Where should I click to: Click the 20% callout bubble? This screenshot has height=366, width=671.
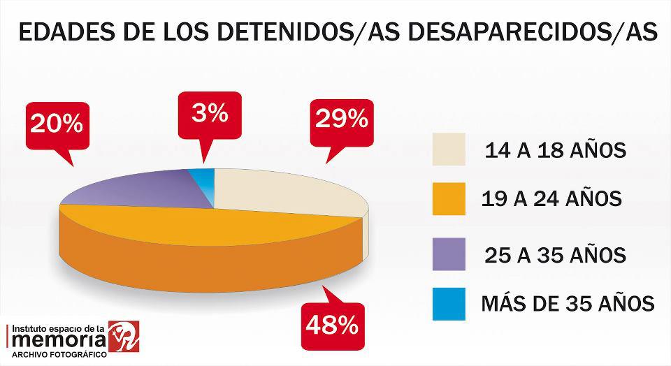tap(56, 126)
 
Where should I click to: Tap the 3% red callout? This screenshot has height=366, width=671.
tap(210, 115)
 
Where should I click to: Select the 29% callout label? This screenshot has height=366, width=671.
tap(341, 120)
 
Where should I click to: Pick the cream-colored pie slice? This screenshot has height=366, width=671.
tap(287, 192)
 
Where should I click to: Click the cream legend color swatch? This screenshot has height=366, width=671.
tap(449, 149)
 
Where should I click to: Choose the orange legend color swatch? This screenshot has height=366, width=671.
tap(449, 199)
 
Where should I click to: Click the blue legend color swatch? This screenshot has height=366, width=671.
tap(449, 304)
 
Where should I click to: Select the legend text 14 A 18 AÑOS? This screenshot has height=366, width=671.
tap(554, 150)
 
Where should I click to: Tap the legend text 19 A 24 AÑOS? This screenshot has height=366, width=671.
tap(551, 200)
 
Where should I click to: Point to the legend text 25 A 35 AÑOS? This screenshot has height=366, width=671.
tap(554, 255)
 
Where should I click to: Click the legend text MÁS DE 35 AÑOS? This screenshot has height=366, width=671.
tap(568, 305)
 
